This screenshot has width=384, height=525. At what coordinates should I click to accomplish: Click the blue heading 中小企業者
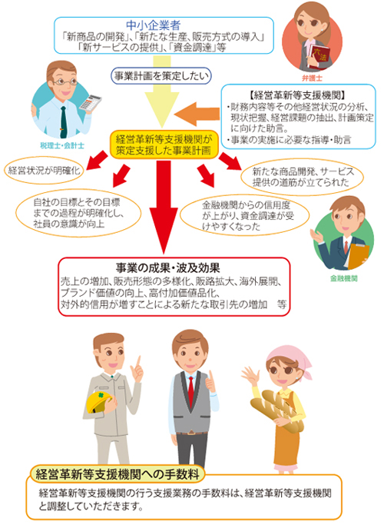pyautogui.click(x=154, y=25)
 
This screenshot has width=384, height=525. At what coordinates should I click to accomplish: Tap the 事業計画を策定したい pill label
pyautogui.click(x=161, y=76)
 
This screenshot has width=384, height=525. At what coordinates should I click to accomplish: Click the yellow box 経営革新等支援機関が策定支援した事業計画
pyautogui.click(x=164, y=145)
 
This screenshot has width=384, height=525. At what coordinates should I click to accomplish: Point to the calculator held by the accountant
pyautogui.click(x=90, y=102)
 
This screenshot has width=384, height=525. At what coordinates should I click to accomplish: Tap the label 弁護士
pyautogui.click(x=312, y=78)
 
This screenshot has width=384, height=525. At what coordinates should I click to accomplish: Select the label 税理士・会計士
pyautogui.click(x=62, y=145)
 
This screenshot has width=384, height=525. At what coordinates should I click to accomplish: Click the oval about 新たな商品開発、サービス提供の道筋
pyautogui.click(x=303, y=177)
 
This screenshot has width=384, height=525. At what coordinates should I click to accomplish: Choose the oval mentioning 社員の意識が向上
pyautogui.click(x=78, y=213)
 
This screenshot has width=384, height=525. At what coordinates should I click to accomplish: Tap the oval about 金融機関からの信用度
pyautogui.click(x=244, y=216)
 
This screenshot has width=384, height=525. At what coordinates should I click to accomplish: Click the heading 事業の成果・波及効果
pyautogui.click(x=168, y=268)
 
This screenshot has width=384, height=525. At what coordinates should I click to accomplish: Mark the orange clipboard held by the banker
pyautogui.click(x=358, y=256)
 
